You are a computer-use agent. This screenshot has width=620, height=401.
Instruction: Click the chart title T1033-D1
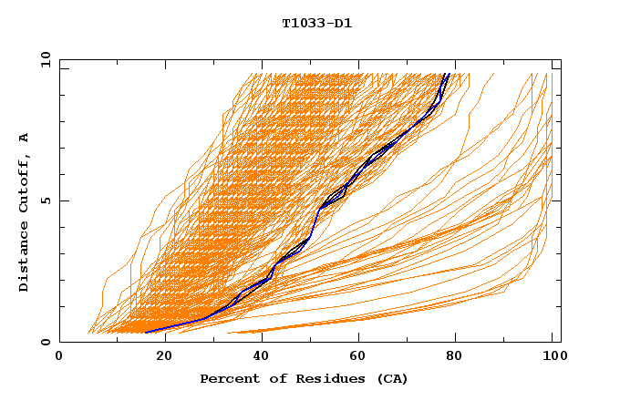pyautogui.click(x=316, y=24)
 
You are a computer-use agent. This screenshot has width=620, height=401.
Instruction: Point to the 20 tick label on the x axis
pyautogui.click(x=165, y=356)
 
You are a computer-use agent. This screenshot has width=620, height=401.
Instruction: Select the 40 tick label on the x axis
pyautogui.click(x=264, y=356)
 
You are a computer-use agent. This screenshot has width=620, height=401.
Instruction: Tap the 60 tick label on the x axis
pyautogui.click(x=363, y=356)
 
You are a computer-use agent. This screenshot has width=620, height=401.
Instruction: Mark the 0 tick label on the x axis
pyautogui.click(x=59, y=356)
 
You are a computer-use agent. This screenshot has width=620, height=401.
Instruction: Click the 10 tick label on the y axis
pyautogui.click(x=43, y=59)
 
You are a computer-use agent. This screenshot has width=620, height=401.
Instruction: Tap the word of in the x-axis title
pyautogui.click(x=274, y=378)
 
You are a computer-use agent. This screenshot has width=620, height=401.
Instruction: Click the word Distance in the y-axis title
pyautogui.click(x=24, y=256)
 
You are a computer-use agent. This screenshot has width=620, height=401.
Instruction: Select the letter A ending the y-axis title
pyautogui.click(x=24, y=138)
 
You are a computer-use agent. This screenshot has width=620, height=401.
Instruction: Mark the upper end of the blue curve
pyautogui.click(x=447, y=74)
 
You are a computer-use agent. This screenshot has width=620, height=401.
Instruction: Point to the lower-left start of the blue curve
pyautogui.click(x=145, y=332)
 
